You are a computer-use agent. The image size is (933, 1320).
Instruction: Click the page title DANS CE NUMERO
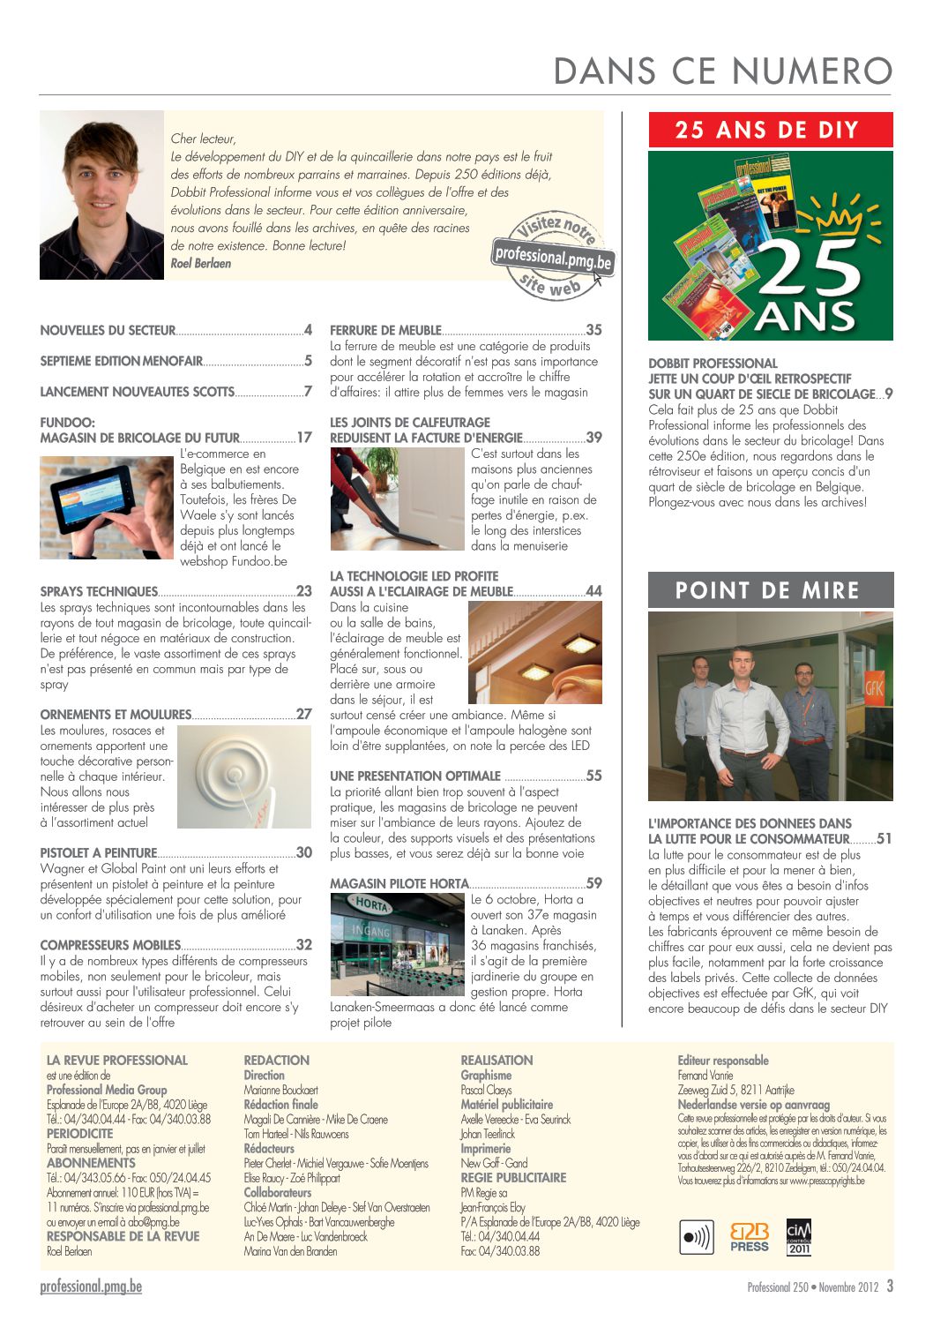[x=723, y=71]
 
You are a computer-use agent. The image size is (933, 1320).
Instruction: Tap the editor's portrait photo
[x=102, y=195]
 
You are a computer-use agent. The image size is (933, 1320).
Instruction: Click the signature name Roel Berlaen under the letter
[x=201, y=264]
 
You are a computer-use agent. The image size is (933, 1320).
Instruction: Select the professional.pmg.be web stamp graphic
[x=553, y=257]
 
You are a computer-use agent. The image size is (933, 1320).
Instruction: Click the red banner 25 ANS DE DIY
[x=770, y=131]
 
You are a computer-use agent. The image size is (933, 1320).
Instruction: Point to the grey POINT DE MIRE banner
[x=770, y=590]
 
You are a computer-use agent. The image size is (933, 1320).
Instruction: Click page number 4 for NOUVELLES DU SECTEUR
[x=308, y=331]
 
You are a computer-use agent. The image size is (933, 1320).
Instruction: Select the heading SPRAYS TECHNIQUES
[x=99, y=592]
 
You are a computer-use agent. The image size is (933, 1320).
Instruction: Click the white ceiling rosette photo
[x=243, y=776]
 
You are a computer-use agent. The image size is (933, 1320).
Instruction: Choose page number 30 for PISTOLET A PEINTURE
[x=304, y=853]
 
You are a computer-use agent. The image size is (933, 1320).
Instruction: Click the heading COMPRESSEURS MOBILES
[x=110, y=945]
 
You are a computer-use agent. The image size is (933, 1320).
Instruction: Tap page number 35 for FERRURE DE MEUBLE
[x=594, y=331]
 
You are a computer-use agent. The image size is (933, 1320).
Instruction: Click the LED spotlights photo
[x=534, y=652]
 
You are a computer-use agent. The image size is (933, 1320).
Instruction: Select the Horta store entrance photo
[x=397, y=944]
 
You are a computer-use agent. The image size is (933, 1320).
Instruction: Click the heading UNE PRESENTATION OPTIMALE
[x=415, y=776]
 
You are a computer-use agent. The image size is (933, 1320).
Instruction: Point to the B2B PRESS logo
[x=750, y=1237]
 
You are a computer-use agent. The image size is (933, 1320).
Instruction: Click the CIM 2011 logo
[x=799, y=1237]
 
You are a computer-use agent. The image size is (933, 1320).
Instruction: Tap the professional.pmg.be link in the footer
[x=91, y=1286]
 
